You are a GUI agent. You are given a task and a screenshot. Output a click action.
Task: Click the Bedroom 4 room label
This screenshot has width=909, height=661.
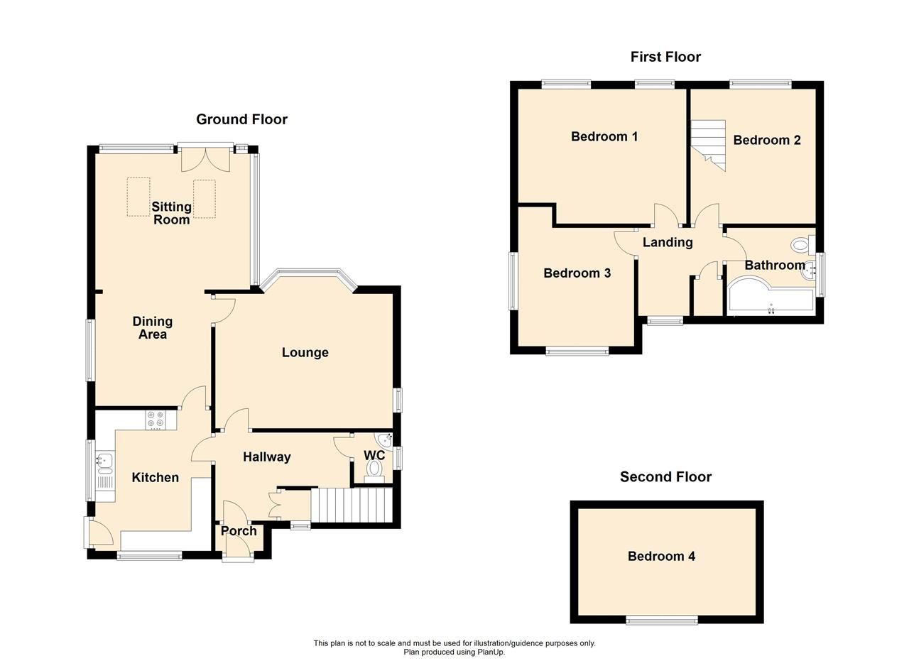coord(661,557)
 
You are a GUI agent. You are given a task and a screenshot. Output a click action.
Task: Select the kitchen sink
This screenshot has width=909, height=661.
coord(104,462)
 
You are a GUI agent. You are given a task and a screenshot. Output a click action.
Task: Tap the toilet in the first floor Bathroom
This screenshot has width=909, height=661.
coord(802,246)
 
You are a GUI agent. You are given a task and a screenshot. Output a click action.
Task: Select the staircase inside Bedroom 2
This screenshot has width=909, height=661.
coord(709,145)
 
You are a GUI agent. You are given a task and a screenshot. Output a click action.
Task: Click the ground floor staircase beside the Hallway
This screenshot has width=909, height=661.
coord(352,505)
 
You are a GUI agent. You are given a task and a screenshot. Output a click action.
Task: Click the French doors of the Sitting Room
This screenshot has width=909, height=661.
coord(205,158)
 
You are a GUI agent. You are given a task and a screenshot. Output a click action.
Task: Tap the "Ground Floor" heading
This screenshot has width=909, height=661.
coord(241,119)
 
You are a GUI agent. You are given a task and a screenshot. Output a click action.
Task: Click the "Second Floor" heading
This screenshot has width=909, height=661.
coord(665,477)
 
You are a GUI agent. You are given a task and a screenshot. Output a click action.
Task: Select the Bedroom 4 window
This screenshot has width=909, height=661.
coord(662,621)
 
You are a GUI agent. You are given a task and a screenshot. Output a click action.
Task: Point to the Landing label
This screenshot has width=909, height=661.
coord(668,243)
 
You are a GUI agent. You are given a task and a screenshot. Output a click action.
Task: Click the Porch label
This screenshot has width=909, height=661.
coord(239,531)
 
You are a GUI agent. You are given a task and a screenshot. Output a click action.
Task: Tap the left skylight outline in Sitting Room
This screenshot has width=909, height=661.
coord(138,197)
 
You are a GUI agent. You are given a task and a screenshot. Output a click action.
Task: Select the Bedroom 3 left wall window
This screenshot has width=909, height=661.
coord(512,280)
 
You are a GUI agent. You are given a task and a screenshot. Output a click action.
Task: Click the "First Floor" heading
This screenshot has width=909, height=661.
coord(665,57)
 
